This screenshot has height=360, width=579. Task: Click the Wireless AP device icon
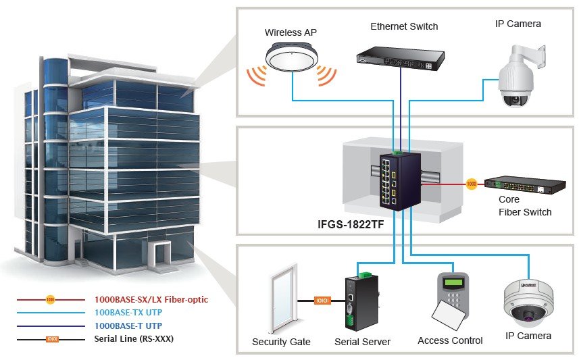[x=292, y=57]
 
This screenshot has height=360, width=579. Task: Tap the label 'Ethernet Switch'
[x=404, y=26]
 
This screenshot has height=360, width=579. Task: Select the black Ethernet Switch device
[x=401, y=58]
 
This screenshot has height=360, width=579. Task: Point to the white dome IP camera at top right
[x=520, y=76]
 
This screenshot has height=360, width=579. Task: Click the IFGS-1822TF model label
[x=351, y=224]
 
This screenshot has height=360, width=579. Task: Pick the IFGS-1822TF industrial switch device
[x=400, y=181]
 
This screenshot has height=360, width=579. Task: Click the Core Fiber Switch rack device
[x=525, y=185]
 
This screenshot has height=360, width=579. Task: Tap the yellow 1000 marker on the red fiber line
[x=472, y=184]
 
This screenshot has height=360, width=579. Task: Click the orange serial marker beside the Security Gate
[x=322, y=301]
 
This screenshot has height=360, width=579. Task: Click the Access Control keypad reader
[x=453, y=294]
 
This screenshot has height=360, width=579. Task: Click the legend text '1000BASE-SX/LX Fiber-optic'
[x=151, y=300]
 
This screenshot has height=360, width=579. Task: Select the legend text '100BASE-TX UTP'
[x=128, y=312]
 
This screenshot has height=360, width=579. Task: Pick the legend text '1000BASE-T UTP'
[x=128, y=326]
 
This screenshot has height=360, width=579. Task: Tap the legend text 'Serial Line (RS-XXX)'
[x=134, y=338]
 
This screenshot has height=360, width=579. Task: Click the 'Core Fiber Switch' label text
[x=525, y=205]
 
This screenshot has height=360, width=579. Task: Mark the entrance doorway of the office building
[x=159, y=255]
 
